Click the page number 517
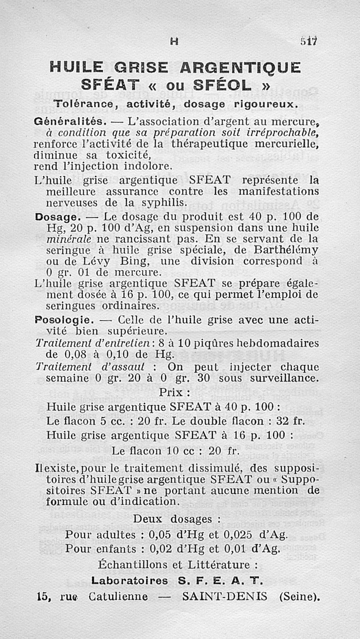(310, 41)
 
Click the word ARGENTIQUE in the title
(240, 68)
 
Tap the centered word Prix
(171, 392)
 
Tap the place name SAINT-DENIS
(225, 596)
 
